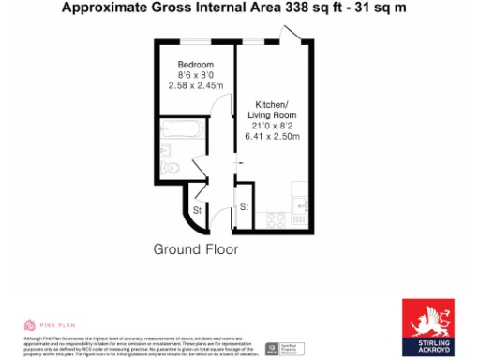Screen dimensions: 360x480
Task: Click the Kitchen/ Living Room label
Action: pos(272,109)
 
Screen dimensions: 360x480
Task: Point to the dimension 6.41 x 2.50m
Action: pos(272,137)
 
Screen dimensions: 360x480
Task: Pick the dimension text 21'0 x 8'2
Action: pos(272,126)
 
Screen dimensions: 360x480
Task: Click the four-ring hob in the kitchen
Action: pos(277,220)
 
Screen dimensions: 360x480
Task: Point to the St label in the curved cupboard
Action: pos(198,211)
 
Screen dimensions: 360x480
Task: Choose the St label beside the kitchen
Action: pos(243,205)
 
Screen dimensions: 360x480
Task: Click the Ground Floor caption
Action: pos(195,250)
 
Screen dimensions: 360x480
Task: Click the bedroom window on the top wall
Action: pos(194,41)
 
